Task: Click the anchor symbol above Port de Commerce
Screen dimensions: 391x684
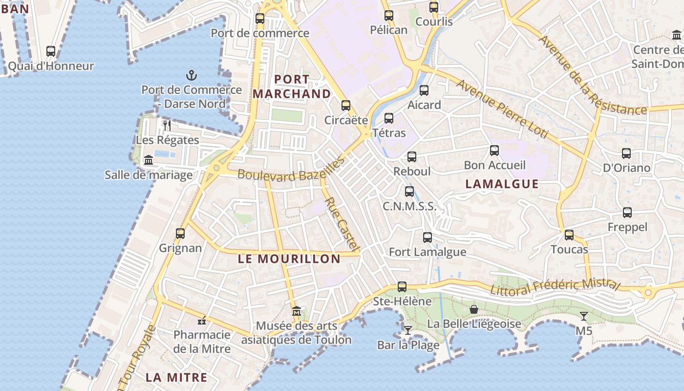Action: pyautogui.click(x=192, y=75)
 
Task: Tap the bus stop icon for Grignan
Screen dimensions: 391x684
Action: pyautogui.click(x=180, y=234)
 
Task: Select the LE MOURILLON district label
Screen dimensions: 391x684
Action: pyautogui.click(x=289, y=259)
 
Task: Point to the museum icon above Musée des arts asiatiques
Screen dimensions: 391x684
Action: pyautogui.click(x=296, y=311)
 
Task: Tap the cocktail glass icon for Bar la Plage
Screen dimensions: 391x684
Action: pyautogui.click(x=407, y=330)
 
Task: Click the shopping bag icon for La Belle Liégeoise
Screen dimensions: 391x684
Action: pyautogui.click(x=473, y=309)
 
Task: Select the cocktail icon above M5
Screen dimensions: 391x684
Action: pyautogui.click(x=583, y=316)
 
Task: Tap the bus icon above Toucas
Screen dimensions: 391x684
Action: pyautogui.click(x=569, y=235)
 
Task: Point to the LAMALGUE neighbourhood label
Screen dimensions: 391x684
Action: pyautogui.click(x=502, y=184)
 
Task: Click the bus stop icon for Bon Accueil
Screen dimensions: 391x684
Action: pyautogui.click(x=494, y=151)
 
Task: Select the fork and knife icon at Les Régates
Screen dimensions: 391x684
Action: pyautogui.click(x=167, y=126)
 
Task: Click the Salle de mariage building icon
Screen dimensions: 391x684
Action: pyautogui.click(x=149, y=160)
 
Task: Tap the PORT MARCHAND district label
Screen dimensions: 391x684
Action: pyautogui.click(x=292, y=87)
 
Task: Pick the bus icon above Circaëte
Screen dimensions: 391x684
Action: pyautogui.click(x=346, y=106)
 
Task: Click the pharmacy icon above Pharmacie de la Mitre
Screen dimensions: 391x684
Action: pyautogui.click(x=201, y=321)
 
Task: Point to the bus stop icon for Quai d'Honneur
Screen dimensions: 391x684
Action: pyautogui.click(x=51, y=51)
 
